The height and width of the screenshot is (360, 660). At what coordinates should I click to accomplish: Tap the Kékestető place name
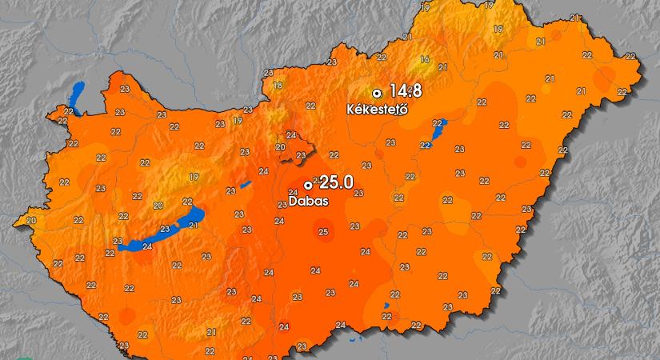[x=377, y=109]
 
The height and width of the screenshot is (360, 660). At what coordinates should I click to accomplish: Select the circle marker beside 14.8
[x=377, y=93]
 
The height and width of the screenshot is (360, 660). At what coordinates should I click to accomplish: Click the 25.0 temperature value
[x=335, y=183]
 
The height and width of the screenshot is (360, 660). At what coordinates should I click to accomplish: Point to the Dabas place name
[x=308, y=202]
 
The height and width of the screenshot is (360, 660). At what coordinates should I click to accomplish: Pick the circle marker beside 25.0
[x=308, y=185]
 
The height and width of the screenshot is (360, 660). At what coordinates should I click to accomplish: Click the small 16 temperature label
[x=425, y=59]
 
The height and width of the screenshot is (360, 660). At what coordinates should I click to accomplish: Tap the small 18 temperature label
[x=278, y=86]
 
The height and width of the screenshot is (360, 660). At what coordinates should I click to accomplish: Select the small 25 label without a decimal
[x=323, y=233]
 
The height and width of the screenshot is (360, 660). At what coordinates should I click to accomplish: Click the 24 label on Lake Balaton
[x=146, y=246]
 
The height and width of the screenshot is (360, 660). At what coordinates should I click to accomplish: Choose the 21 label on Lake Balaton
[x=193, y=225]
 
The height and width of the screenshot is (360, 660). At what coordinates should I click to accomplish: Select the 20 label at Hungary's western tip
[x=31, y=220]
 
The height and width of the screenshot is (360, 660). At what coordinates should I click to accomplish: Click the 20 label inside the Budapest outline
[x=280, y=147]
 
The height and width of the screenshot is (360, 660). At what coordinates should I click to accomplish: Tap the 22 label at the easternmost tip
[x=630, y=56]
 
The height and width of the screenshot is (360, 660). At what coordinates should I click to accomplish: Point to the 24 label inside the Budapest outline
[x=290, y=135]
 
